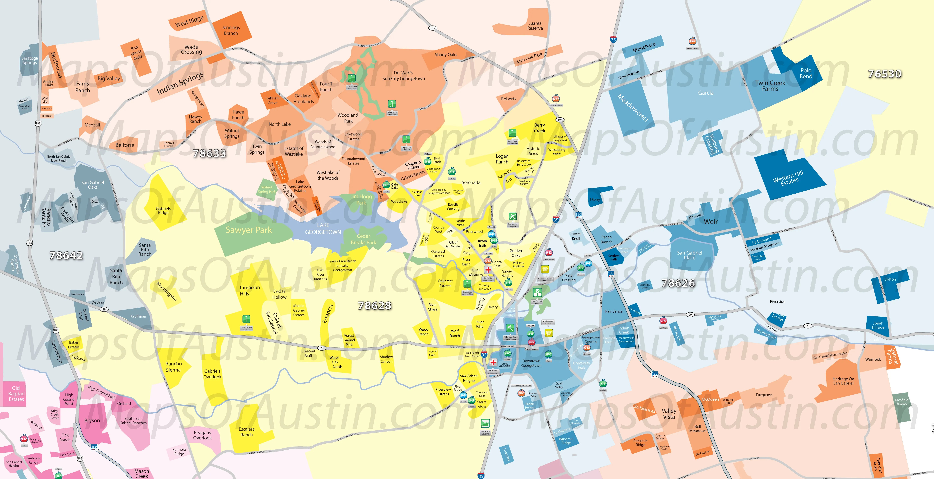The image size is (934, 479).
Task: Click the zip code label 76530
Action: [884, 74]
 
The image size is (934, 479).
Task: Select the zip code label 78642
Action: [66, 256]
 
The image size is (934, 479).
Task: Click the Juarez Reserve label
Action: [535, 26]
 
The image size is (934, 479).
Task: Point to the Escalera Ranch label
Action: [247, 432]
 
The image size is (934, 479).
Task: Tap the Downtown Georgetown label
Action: [531, 363]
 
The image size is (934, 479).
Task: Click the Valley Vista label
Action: [669, 414]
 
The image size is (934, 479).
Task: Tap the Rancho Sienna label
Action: [173, 367]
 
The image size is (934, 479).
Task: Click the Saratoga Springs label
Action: [29, 60]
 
